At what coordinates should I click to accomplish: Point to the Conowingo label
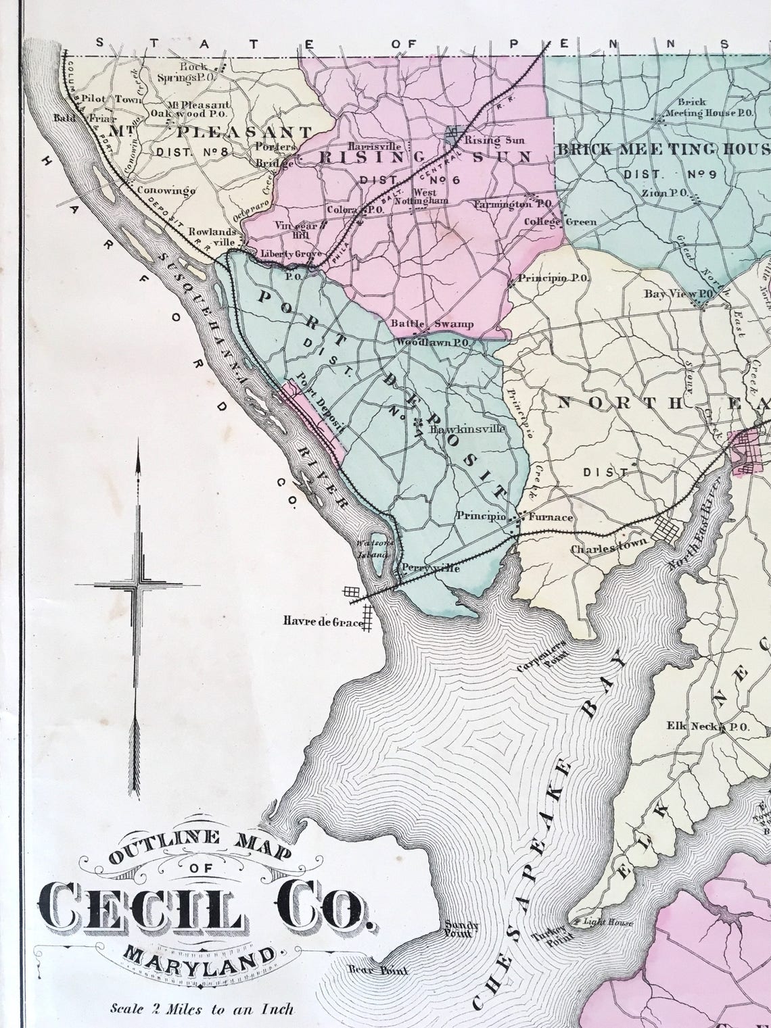(x=166, y=191)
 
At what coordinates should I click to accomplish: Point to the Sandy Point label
(x=462, y=929)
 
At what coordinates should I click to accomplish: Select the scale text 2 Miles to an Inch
(x=202, y=1009)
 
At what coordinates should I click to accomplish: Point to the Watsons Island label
(x=374, y=548)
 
